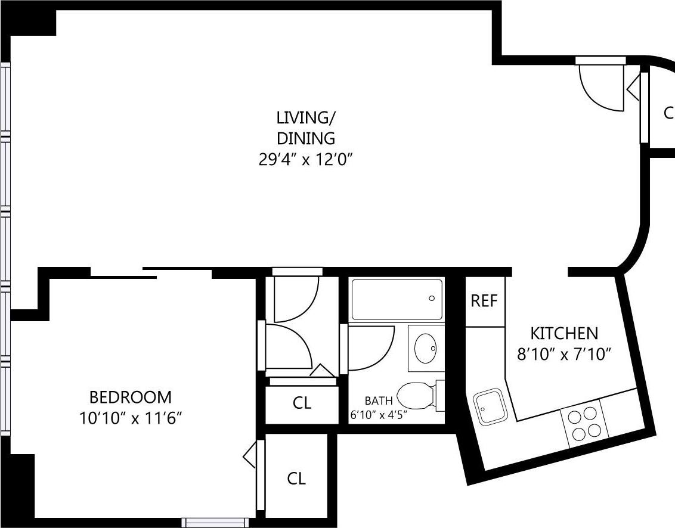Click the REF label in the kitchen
[484, 301]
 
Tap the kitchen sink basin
[491, 406]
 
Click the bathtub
[397, 300]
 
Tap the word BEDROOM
[130, 397]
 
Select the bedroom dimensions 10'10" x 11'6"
[130, 418]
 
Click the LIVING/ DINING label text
[305, 127]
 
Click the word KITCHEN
[564, 333]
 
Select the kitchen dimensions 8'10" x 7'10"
[564, 355]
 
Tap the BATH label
[379, 400]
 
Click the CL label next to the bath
[302, 403]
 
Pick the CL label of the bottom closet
[296, 479]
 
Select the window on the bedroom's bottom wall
[215, 523]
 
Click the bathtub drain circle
[432, 299]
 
